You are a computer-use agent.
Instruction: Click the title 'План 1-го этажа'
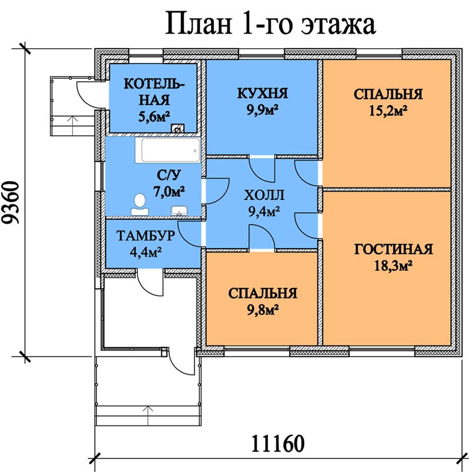pyautogui.click(x=270, y=24)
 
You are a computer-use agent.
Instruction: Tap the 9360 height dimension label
pyautogui.click(x=11, y=202)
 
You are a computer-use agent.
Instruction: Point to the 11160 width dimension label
pyautogui.click(x=277, y=443)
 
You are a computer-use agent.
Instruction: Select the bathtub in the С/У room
pyautogui.click(x=167, y=150)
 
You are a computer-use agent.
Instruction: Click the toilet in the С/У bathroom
pyautogui.click(x=140, y=205)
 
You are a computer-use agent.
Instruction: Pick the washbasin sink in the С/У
pyautogui.click(x=179, y=210)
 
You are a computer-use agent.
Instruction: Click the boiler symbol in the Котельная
pyautogui.click(x=178, y=129)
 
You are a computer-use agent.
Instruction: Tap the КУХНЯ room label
pyautogui.click(x=263, y=93)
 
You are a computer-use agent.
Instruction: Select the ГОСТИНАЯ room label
pyautogui.click(x=393, y=249)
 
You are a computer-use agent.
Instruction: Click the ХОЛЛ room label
pyautogui.click(x=264, y=195)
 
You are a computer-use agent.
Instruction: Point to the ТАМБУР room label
pyautogui.click(x=146, y=236)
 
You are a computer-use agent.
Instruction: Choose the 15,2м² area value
pyautogui.click(x=388, y=111)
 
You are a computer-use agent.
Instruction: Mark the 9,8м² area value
pyautogui.click(x=263, y=309)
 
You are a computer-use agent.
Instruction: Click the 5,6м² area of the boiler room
pyautogui.click(x=154, y=116)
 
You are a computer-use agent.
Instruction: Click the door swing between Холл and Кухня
pyautogui.click(x=263, y=169)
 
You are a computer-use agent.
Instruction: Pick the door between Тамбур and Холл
pyautogui.click(x=190, y=234)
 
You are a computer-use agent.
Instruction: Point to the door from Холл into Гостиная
pyautogui.click(x=307, y=226)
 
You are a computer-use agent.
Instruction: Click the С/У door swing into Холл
pyautogui.click(x=217, y=192)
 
